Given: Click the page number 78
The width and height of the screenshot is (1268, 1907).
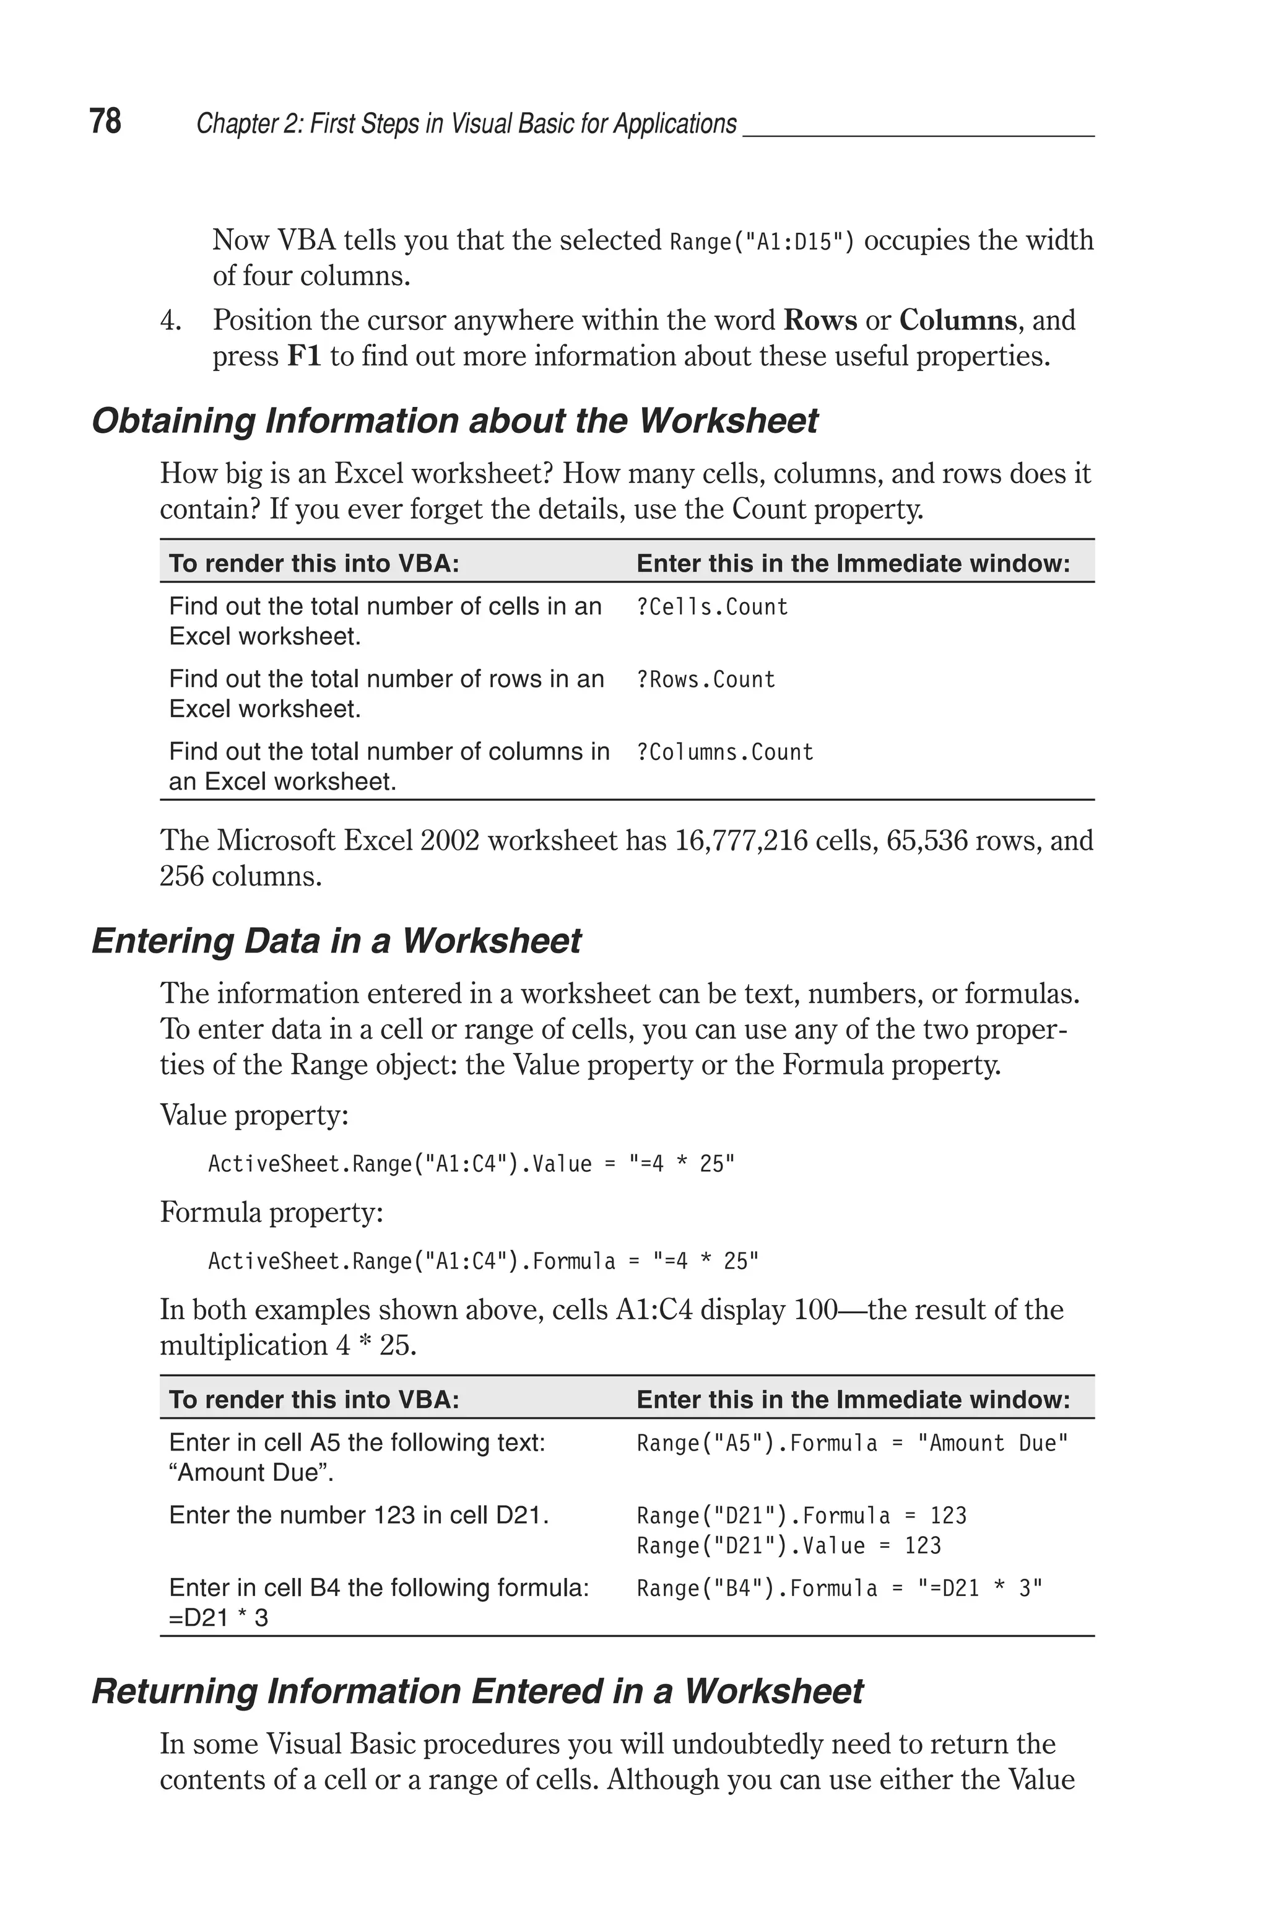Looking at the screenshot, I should point(105,121).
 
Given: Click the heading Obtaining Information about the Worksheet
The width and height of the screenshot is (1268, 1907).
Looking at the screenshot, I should point(454,421).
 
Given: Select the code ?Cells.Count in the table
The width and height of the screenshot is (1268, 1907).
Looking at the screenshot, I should point(711,608).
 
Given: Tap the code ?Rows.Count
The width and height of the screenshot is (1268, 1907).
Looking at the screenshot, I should point(705,679).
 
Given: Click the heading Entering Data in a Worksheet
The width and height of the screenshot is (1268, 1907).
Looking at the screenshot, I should point(336,941).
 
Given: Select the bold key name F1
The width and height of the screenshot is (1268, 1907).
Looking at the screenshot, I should point(304,357).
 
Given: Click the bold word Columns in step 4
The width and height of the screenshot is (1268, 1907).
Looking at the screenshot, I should point(957,320).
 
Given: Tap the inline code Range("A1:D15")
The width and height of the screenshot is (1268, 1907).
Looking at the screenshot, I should point(762,242).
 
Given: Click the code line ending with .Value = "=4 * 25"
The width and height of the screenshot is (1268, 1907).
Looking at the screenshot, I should point(471,1164).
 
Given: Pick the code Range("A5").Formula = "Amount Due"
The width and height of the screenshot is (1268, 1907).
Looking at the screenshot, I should point(853,1444).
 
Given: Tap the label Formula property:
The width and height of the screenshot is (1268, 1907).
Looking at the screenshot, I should point(271,1212).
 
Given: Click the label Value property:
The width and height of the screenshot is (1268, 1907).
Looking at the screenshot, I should point(254,1115).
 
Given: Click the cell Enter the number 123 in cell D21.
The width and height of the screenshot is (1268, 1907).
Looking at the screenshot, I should point(359,1516).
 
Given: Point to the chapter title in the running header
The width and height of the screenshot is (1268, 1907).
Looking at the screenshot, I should point(467,124).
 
